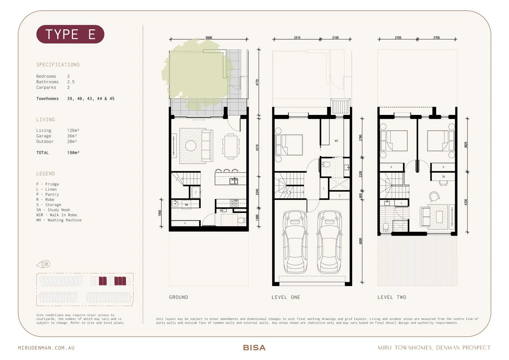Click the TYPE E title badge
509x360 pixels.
(x=70, y=34)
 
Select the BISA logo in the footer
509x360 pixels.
(x=254, y=348)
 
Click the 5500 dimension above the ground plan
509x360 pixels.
(x=209, y=38)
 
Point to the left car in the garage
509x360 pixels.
(x=295, y=242)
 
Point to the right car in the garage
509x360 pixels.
(x=329, y=242)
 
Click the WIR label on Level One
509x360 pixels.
(x=336, y=141)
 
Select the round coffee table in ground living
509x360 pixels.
(x=191, y=146)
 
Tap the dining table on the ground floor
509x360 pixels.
(x=231, y=146)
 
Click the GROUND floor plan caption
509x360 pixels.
(x=178, y=297)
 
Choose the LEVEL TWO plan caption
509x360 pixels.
(x=392, y=297)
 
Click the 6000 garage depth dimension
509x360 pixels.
(x=360, y=241)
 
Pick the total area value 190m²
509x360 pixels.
(x=73, y=153)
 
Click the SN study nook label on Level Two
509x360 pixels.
(x=443, y=177)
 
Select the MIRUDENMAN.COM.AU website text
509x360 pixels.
(x=46, y=348)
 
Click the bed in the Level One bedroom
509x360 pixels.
(x=289, y=145)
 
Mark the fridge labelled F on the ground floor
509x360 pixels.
(x=196, y=192)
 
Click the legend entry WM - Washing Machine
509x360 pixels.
(x=59, y=220)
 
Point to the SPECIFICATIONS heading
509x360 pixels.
(x=58, y=65)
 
